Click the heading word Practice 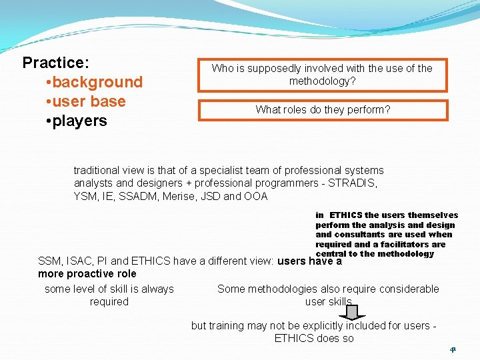pos(55,63)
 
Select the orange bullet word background pos(97,82)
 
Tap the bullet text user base pos(89,101)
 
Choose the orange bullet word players pos(79,121)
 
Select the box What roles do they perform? pos(323,110)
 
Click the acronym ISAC pos(78,261)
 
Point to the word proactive pos(87,273)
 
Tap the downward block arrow pos(352,311)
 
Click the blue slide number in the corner pos(452,349)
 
